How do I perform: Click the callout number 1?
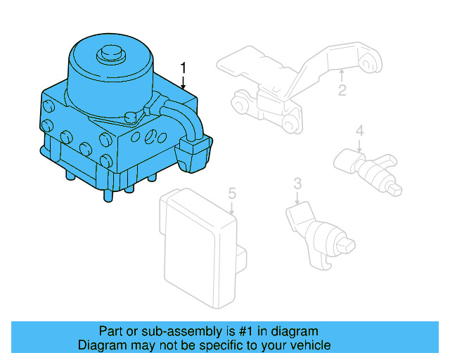click(184, 68)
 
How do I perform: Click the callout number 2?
click(342, 90)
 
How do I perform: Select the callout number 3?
click(297, 184)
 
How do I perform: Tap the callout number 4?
click(359, 130)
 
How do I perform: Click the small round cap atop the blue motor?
click(110, 54)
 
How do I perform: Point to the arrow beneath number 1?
click(184, 82)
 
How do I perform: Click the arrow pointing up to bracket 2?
click(342, 75)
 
